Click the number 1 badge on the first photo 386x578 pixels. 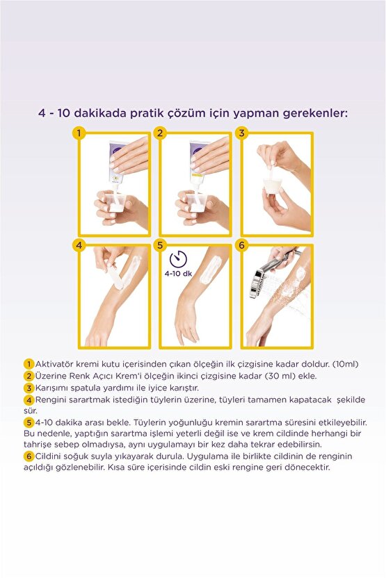point(81,133)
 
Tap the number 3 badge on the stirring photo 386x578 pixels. point(243,133)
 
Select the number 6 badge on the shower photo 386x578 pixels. point(243,245)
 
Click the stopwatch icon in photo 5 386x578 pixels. point(179,259)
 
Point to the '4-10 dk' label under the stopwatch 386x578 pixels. point(179,274)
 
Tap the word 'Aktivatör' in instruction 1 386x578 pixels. point(55,364)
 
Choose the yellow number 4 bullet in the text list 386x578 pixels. point(29,399)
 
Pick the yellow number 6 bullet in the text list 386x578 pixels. point(29,456)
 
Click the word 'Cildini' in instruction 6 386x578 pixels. point(49,456)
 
